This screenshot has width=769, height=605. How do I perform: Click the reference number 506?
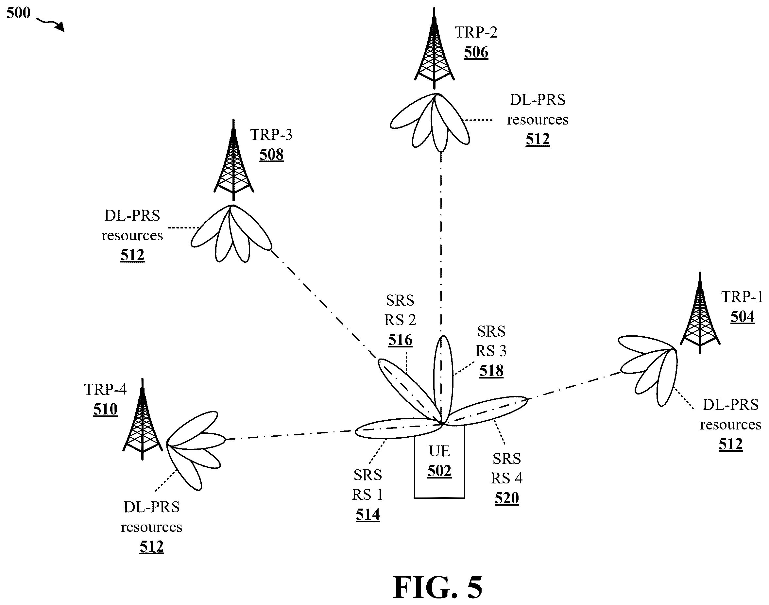pos(476,52)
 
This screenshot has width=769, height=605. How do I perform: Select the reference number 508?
pos(271,155)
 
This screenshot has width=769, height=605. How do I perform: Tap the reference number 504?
pos(743,317)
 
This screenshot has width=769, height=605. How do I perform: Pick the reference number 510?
pos(105,409)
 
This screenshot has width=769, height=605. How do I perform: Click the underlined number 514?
pos(368,514)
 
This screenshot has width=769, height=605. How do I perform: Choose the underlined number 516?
pos(400,340)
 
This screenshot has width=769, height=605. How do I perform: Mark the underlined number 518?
pos(491,371)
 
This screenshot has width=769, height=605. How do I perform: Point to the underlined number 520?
pos(507,498)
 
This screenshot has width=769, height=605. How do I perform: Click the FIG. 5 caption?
pos(438,587)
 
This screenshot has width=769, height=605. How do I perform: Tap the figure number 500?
pos(18,13)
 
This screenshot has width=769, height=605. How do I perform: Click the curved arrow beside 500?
pos(51,25)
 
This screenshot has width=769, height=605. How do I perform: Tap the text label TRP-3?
pos(271,135)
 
